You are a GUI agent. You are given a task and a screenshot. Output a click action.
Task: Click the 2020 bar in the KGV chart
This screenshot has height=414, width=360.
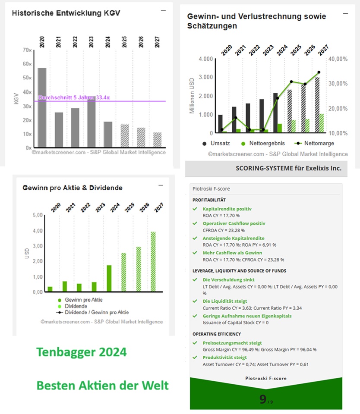tap(42, 107)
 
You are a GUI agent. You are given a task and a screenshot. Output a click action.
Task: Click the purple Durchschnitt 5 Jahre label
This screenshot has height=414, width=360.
tap(74, 98)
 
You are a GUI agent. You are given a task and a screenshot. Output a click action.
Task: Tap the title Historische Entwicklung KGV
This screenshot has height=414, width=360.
tap(66, 13)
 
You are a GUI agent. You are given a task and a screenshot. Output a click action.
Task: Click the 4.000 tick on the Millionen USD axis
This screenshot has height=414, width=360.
tap(205, 59)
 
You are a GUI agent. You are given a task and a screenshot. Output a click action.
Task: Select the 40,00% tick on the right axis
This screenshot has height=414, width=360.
tap(338, 59)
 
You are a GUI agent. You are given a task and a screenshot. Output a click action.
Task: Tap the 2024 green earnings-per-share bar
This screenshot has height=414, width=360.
tap(109, 278)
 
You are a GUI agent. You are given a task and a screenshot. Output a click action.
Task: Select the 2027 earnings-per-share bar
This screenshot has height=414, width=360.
tap(152, 262)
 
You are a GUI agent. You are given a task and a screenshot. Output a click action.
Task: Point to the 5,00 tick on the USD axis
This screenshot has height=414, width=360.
tap(38, 215)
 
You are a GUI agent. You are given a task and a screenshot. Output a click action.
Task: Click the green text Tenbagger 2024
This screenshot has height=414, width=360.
tap(82, 352)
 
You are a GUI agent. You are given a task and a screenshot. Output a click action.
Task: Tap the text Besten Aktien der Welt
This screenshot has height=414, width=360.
tap(102, 385)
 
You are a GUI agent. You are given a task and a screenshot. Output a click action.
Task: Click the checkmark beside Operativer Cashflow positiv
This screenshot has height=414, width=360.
tap(195, 223)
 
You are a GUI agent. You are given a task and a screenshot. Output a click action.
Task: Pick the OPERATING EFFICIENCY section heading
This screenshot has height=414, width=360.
tap(217, 334)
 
